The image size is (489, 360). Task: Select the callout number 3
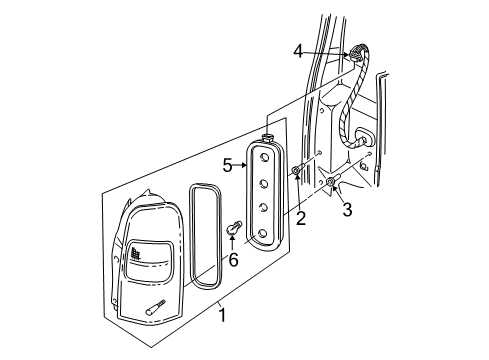[347, 210]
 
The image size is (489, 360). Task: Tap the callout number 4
[298, 49]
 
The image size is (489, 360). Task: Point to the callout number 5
[227, 165]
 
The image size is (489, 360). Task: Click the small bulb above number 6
[236, 227]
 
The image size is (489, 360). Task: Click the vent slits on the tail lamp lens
[133, 257]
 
